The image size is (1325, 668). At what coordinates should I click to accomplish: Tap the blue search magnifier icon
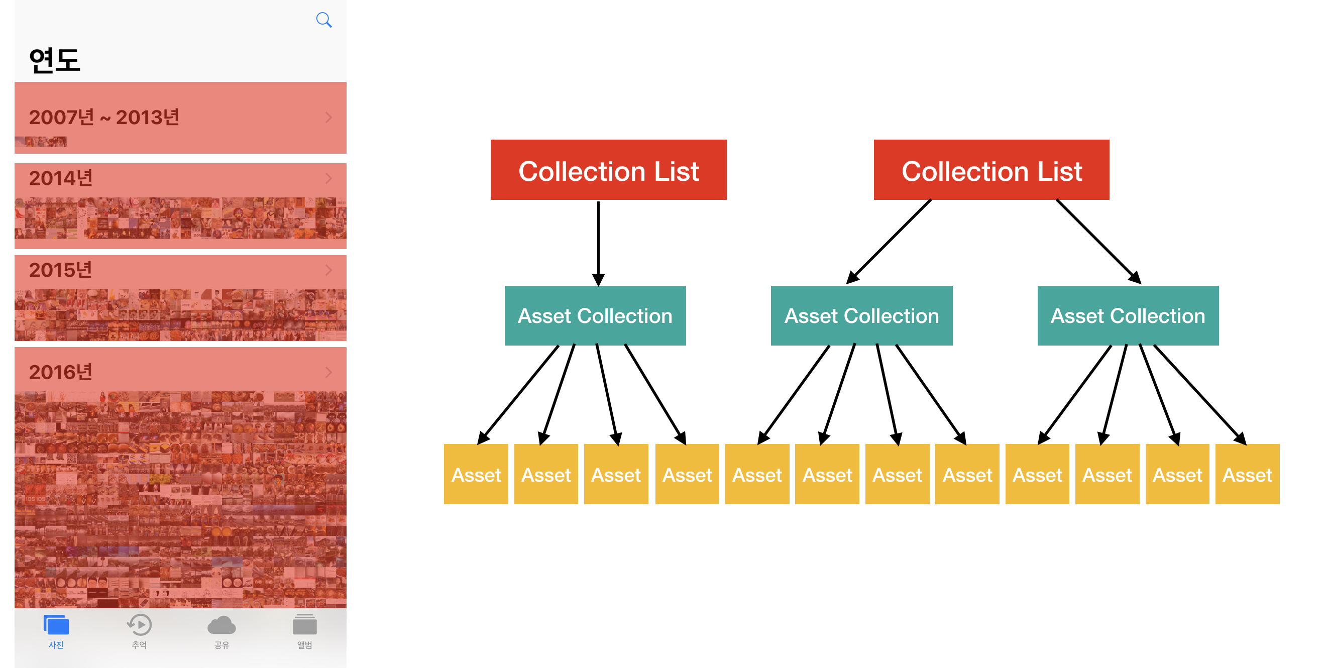point(323,20)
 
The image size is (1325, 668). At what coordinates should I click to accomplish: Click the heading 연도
point(55,60)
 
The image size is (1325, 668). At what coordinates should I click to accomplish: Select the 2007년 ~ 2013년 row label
point(104,117)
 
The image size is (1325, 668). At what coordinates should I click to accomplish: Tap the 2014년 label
point(61,178)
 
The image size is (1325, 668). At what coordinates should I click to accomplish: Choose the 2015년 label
point(61,270)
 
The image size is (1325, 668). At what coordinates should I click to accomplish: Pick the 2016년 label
point(61,372)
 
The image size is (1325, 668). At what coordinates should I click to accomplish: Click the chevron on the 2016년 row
point(328,372)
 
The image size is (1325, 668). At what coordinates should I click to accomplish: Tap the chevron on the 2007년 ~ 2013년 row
point(328,117)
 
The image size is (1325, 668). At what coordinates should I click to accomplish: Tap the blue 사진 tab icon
point(56,625)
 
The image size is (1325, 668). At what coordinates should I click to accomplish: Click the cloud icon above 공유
point(222,625)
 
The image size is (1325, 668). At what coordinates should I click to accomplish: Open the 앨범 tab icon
point(304,625)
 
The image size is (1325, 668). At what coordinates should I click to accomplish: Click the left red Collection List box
point(608,170)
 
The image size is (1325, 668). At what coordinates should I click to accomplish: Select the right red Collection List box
point(991,170)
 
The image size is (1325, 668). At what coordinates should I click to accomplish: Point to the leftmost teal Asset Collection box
point(595,316)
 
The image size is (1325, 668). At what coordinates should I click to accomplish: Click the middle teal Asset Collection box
point(861,316)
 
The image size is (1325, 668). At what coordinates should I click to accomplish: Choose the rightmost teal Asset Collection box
point(1128,316)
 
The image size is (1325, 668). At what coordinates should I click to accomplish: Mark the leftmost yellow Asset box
point(476,474)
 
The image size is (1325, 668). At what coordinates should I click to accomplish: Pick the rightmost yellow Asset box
point(1247,474)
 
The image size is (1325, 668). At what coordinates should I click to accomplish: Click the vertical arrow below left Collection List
point(598,243)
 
